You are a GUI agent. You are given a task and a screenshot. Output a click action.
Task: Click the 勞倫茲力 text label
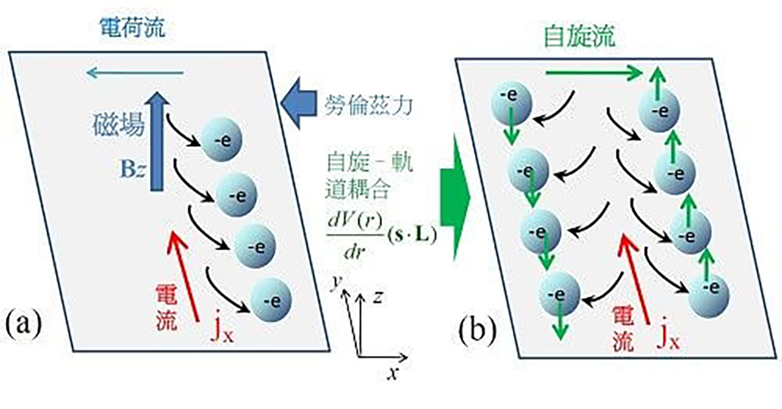coord(368,105)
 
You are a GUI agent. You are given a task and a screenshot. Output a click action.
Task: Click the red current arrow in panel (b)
coord(637,280)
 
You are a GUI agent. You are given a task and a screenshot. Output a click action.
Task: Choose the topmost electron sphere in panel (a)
coord(220,142)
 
